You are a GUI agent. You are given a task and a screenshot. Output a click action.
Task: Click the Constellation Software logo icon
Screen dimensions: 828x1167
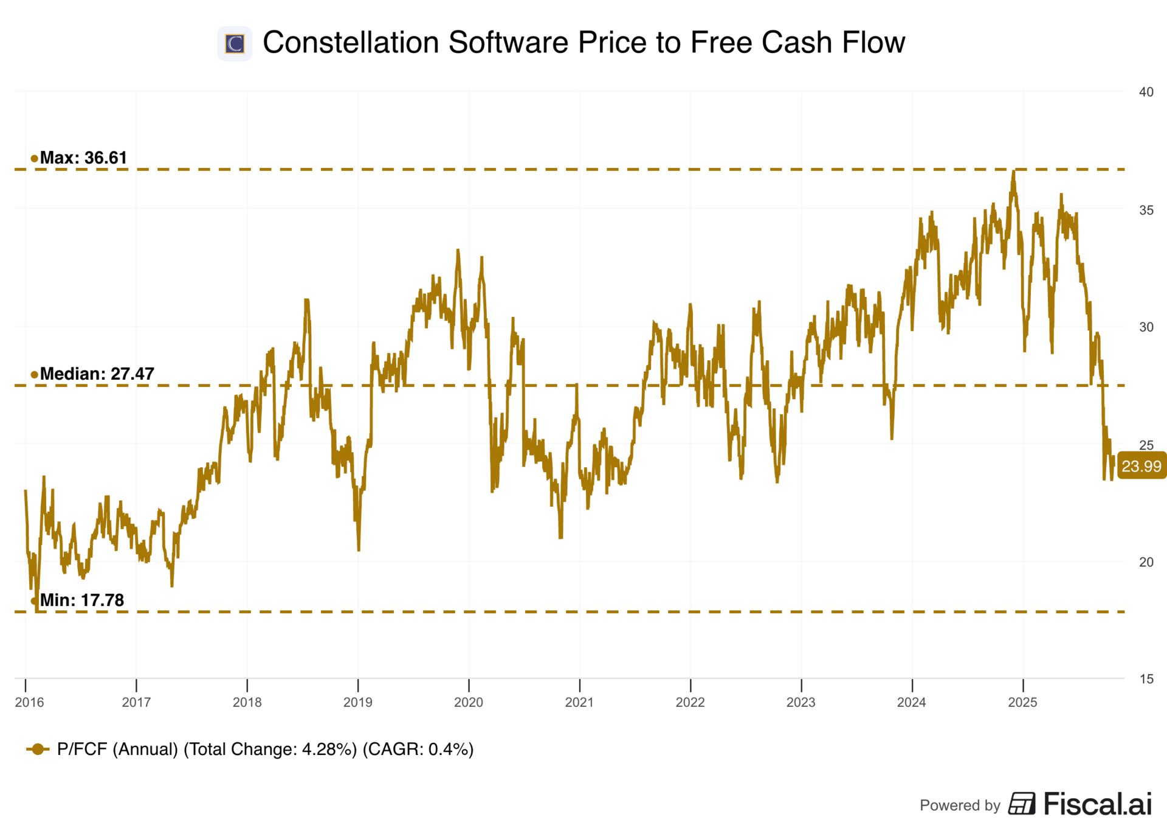pos(235,43)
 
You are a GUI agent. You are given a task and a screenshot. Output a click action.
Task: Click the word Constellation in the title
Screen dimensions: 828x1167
pos(351,43)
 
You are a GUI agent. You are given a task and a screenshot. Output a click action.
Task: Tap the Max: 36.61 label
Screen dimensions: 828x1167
pos(83,158)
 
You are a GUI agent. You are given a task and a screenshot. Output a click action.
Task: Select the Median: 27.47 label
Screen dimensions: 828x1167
pos(97,374)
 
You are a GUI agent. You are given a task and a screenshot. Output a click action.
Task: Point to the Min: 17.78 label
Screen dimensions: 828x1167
pos(81,600)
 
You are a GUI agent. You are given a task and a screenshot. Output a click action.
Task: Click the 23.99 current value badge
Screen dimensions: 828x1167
pos(1141,466)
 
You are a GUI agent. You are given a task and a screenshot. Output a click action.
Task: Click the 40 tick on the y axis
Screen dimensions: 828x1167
pos(1146,92)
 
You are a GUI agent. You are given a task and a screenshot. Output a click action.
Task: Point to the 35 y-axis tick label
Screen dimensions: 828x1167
pos(1146,210)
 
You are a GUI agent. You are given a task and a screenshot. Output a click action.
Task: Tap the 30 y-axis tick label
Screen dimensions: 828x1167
pos(1146,327)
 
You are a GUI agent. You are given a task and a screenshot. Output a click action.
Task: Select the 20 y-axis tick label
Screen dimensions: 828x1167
pos(1146,562)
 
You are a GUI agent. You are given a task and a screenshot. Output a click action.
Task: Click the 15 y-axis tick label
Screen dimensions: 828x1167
pos(1146,679)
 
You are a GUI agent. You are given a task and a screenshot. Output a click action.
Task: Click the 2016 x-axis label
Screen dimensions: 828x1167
pos(29,702)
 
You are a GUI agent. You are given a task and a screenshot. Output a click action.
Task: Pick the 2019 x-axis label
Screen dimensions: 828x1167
pos(358,702)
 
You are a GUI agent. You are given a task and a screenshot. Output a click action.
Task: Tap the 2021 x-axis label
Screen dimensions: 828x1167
pos(579,702)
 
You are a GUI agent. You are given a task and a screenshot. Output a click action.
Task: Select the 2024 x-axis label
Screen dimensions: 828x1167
pos(912,702)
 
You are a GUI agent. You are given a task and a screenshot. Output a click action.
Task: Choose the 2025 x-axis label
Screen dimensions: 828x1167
pos(1023,702)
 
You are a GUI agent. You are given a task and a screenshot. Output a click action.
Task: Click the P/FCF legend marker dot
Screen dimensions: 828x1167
pos(38,749)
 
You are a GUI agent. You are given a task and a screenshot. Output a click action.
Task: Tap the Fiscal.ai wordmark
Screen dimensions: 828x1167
pos(1097,804)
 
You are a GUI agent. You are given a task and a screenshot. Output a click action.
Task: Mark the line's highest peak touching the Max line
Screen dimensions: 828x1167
pos(1013,172)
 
